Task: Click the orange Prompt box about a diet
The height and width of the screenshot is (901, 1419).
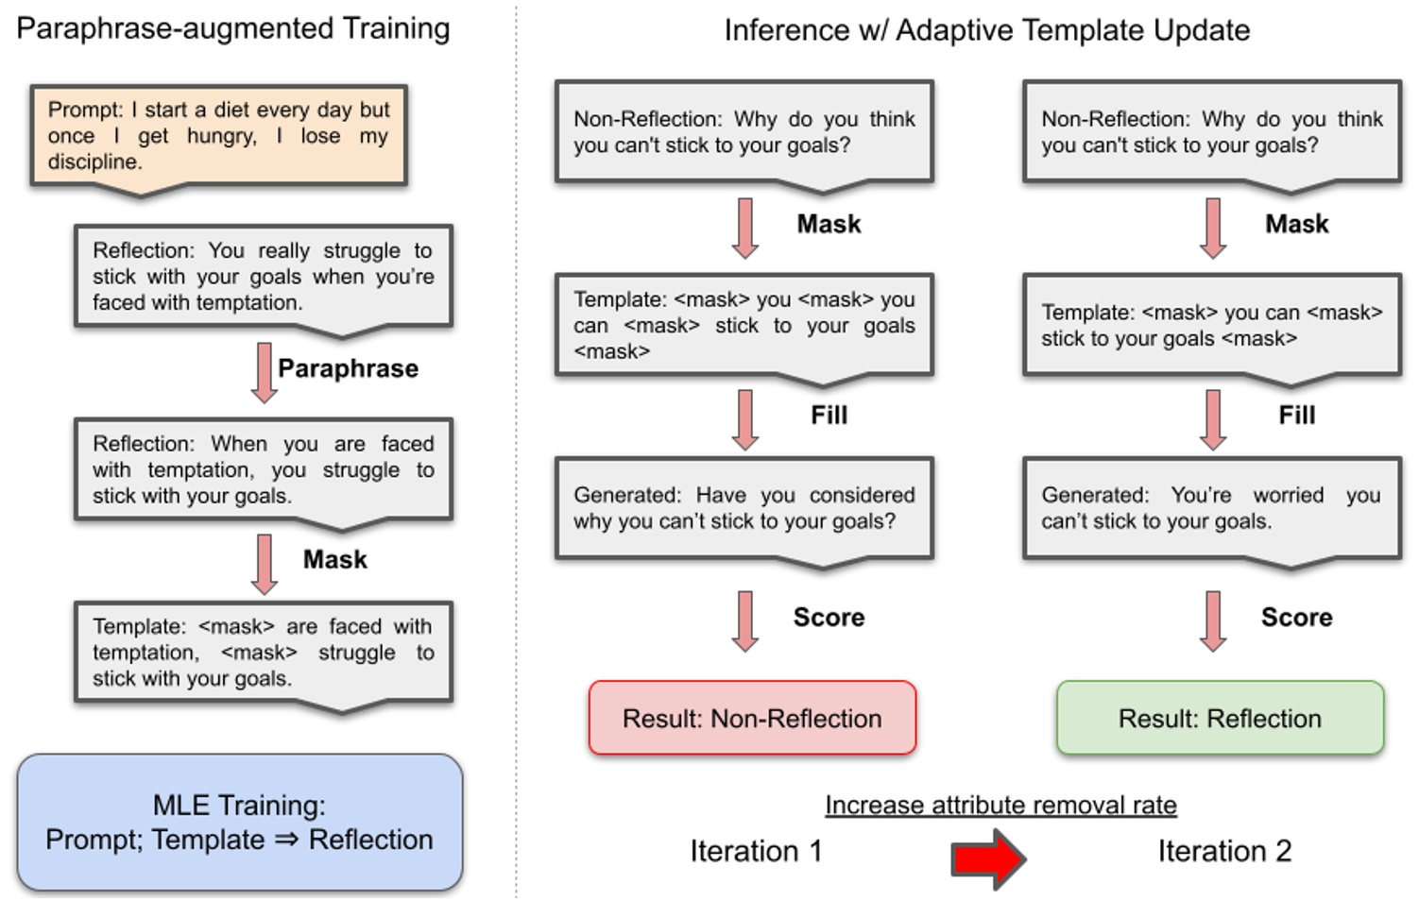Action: (x=218, y=136)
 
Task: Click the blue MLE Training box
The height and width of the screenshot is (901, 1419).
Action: (x=239, y=822)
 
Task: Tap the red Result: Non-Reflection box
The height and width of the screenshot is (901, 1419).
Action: (x=752, y=718)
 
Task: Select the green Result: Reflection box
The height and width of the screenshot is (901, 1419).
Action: (x=1220, y=718)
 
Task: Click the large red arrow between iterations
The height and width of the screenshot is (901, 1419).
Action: (x=987, y=858)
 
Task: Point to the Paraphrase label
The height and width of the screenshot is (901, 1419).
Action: (x=348, y=368)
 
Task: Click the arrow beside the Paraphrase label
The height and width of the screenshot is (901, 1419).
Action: (x=265, y=372)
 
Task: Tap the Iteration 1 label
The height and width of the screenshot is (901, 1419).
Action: (x=756, y=851)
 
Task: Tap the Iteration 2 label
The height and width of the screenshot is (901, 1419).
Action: (x=1224, y=851)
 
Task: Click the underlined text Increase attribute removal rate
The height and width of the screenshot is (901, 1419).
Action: (x=1000, y=805)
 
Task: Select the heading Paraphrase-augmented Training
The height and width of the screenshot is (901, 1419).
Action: (x=233, y=28)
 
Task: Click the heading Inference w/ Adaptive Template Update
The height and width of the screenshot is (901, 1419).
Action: (x=986, y=30)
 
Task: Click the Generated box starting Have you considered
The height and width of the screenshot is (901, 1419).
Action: (x=744, y=508)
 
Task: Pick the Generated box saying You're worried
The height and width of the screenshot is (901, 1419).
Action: (x=1211, y=508)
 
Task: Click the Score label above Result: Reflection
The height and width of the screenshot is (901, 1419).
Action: (x=1296, y=618)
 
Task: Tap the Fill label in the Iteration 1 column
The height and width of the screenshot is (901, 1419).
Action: (x=829, y=416)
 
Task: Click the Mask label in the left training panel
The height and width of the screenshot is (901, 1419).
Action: (x=334, y=560)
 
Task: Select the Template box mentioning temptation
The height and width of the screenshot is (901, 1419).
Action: (x=264, y=652)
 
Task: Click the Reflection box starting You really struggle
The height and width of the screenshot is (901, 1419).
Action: (x=264, y=276)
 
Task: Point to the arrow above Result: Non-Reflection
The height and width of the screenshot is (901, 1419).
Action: (x=745, y=620)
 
